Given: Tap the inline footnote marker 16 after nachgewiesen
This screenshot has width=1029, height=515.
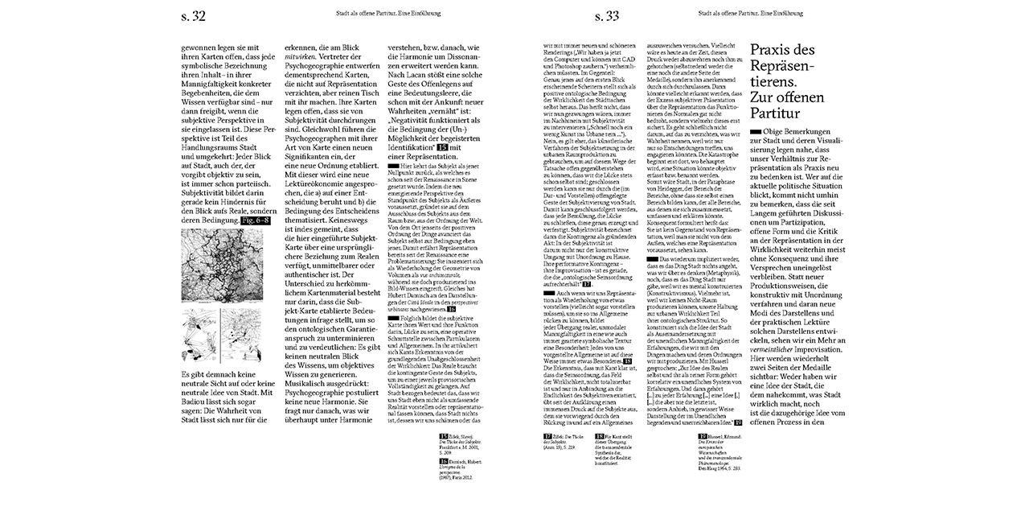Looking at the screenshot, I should coord(452,308).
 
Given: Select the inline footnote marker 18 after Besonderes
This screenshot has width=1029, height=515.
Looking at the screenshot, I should coord(627,362).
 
